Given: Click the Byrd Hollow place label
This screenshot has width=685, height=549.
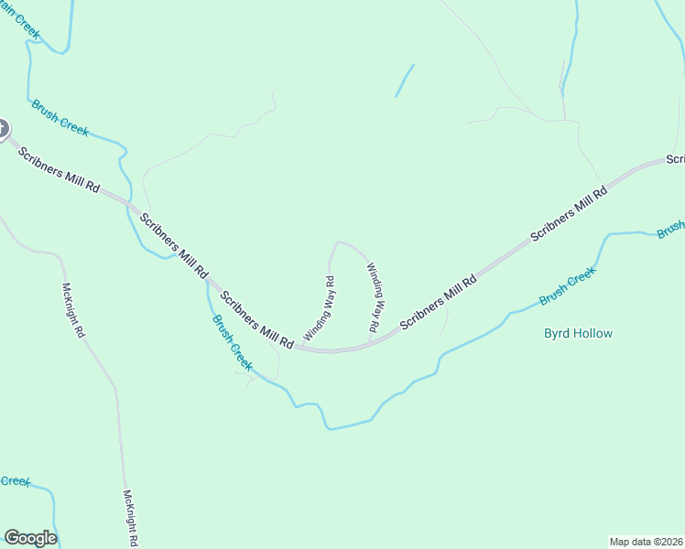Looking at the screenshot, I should pos(578,333).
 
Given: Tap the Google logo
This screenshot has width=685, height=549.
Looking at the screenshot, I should pos(30,537).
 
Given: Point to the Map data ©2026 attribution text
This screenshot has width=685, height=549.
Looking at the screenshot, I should pos(646,541).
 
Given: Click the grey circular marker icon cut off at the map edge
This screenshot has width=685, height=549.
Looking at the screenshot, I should pos(2,129).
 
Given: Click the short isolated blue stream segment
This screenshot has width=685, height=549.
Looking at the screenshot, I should pos(404,81).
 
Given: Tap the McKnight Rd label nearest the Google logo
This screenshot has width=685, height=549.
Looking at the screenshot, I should pos(130,517).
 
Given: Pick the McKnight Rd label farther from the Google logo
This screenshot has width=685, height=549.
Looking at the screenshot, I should pos(72,310).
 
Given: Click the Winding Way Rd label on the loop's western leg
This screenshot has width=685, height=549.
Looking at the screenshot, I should pos(319,308).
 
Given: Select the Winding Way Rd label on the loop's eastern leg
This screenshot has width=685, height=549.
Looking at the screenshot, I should pos(375,296).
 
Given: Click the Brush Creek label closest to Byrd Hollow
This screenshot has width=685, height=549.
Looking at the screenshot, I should pos(568,285).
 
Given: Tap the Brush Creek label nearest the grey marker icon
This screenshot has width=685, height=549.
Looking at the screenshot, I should pos(60,117).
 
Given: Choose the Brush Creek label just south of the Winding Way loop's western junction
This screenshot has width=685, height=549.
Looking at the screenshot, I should pos(232,342).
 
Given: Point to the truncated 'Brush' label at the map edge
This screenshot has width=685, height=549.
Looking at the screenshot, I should pos(670,229).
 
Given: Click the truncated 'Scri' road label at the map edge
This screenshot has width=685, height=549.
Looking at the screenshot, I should pos(676,159).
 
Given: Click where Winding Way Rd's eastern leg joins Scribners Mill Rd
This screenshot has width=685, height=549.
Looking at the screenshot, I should pos(369,345).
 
